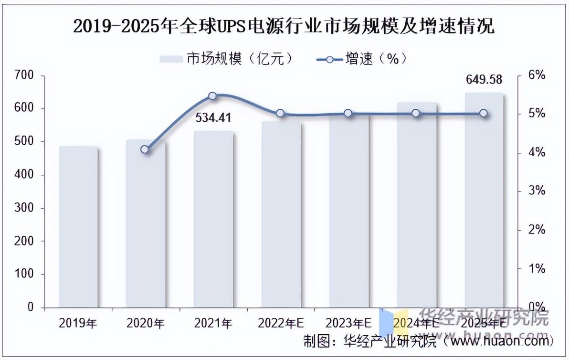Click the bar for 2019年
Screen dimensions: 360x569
pos(78,227)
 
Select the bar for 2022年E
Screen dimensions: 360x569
pos(281,214)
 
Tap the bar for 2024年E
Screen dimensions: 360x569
pos(416,205)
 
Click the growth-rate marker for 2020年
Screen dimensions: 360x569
pos(145,149)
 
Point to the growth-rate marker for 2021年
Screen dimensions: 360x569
pos(213,96)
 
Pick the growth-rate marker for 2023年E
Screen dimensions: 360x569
pos(348,113)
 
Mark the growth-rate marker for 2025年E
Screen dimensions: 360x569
pos(483,113)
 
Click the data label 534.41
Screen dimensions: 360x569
pos(213,118)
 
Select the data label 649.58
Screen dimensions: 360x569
pos(484,79)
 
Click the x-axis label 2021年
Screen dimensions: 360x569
pos(213,323)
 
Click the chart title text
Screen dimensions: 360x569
pos(284,26)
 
